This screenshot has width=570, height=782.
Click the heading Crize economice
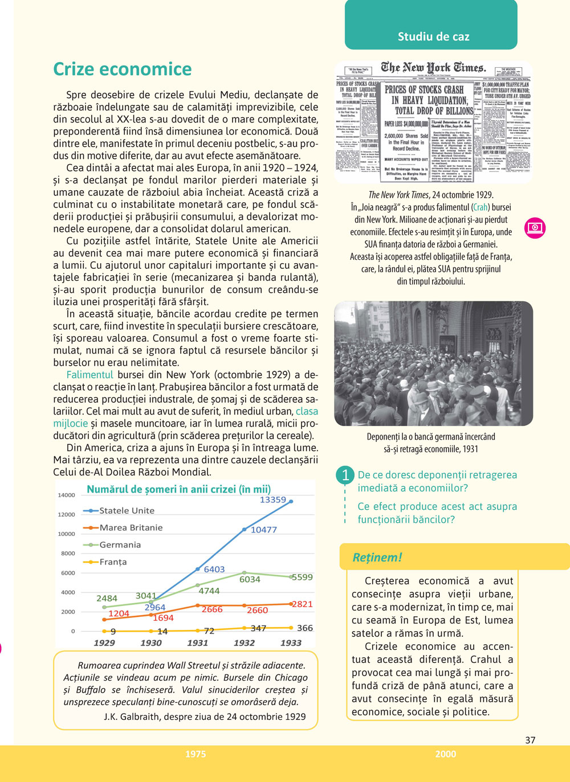click(122, 69)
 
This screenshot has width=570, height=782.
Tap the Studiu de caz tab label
click(433, 37)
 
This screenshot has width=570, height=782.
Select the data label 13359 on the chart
click(272, 500)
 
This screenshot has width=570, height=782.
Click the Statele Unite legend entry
click(127, 510)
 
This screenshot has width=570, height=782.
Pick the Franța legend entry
click(113, 562)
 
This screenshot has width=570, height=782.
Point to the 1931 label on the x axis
click(197, 642)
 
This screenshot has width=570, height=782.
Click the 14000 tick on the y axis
click(66, 495)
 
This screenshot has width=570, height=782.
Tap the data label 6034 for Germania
click(250, 579)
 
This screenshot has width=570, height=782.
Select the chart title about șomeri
click(178, 489)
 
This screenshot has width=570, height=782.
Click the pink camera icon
click(535, 228)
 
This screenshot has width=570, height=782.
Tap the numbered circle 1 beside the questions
click(345, 475)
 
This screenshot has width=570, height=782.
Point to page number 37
click(530, 740)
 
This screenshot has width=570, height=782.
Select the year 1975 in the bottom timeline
click(196, 754)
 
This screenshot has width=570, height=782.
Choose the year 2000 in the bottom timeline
click(445, 754)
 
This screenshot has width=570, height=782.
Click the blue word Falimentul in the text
click(90, 375)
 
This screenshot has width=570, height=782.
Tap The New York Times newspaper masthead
click(433, 68)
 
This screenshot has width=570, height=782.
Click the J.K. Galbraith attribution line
click(205, 717)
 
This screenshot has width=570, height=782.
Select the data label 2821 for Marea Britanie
click(302, 604)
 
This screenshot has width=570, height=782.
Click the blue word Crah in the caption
click(481, 207)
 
